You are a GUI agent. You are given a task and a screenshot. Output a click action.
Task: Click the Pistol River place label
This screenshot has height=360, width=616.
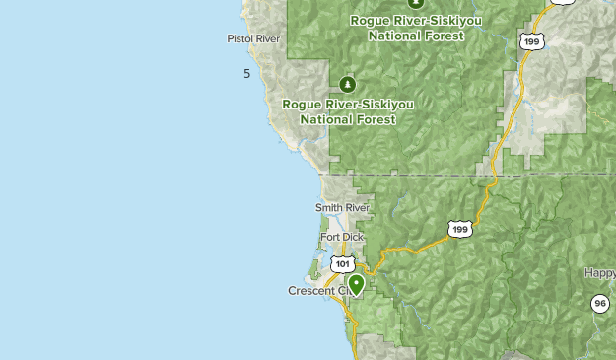253,39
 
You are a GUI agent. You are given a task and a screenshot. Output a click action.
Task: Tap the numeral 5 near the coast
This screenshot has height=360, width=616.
246,74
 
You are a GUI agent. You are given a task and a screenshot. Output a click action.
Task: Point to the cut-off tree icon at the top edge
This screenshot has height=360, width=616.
387,3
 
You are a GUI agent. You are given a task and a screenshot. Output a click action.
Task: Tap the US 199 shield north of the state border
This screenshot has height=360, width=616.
532,41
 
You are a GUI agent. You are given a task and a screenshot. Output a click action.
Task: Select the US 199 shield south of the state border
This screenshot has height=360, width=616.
459,229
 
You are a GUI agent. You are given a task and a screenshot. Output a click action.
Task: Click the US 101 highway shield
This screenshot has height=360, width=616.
342,263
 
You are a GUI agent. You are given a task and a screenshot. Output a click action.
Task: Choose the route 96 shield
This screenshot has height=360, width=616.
599,303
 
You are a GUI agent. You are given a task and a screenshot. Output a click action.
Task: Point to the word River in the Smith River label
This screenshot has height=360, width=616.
357,208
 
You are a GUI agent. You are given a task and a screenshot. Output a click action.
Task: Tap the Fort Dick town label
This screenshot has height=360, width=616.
341,237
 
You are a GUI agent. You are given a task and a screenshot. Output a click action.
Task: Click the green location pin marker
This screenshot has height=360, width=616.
356,284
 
